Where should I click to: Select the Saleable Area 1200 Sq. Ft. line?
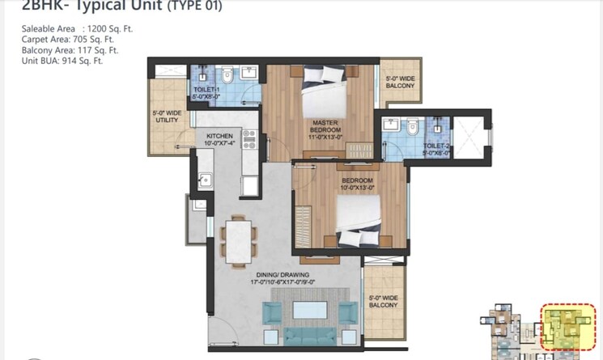click(77, 29)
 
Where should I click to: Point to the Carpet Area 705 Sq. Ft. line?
click(70, 40)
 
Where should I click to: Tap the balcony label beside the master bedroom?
click(400, 82)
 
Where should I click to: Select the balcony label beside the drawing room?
click(383, 302)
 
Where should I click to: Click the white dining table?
click(236, 239)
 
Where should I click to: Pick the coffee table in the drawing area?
click(310, 310)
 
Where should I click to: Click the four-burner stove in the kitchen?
click(249, 138)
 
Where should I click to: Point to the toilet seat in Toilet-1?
click(227, 75)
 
